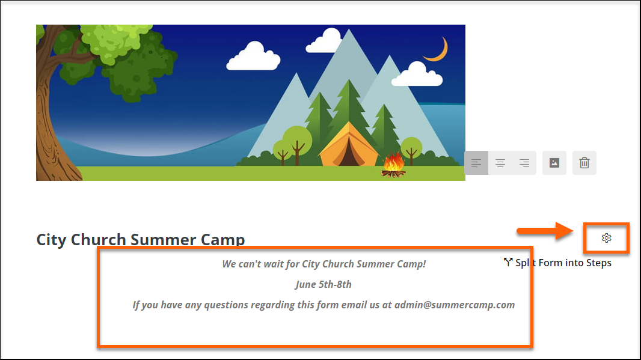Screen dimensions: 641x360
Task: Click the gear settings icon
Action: [606, 238]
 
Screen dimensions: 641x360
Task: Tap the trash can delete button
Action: [584, 163]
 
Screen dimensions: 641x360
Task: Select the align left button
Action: [476, 163]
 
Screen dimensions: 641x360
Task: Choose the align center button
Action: [500, 163]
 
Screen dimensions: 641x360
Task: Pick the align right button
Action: [524, 163]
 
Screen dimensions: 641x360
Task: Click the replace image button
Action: [554, 163]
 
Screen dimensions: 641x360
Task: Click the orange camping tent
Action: [349, 144]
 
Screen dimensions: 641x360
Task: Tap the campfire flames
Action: [393, 162]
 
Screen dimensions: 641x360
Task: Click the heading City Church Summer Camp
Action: [141, 239]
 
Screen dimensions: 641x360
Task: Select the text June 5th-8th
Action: [324, 284]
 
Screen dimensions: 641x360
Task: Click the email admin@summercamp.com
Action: [455, 305]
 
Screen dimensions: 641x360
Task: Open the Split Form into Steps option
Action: [557, 263]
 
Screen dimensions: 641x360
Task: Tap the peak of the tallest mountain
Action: [349, 29]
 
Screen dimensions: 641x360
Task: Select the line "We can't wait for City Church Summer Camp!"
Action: [324, 264]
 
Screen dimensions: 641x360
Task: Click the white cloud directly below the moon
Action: [417, 75]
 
